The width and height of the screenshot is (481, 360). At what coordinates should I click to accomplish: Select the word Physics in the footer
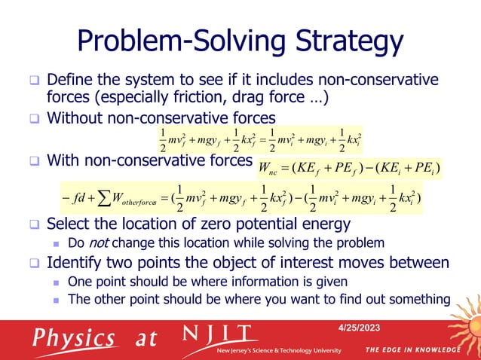73,337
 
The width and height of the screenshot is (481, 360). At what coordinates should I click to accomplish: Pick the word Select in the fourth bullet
72,224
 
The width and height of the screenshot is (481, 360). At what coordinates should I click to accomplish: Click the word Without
77,117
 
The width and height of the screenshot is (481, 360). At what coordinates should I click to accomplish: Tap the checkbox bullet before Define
34,80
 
